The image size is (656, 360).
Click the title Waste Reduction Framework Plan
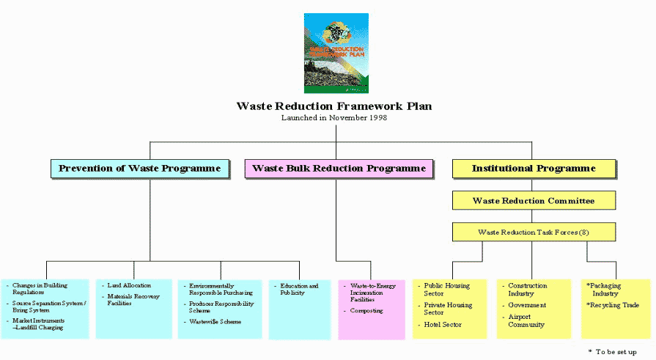pyautogui.click(x=334, y=106)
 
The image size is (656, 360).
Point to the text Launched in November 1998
pyautogui.click(x=334, y=117)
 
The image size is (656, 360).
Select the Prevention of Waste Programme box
pyautogui.click(x=139, y=169)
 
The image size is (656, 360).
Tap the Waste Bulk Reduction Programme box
pyautogui.click(x=339, y=169)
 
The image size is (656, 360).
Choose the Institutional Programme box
pyautogui.click(x=534, y=169)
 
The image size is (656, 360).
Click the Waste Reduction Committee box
pyautogui.click(x=534, y=200)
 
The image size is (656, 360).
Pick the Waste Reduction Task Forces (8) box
pyautogui.click(x=534, y=232)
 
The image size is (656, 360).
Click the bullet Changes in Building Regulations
pyautogui.click(x=37, y=289)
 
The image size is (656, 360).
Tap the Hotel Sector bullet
pyautogui.click(x=443, y=324)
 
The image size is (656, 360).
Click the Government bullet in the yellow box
pyautogui.click(x=528, y=305)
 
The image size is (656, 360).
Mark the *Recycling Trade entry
pyautogui.click(x=613, y=305)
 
